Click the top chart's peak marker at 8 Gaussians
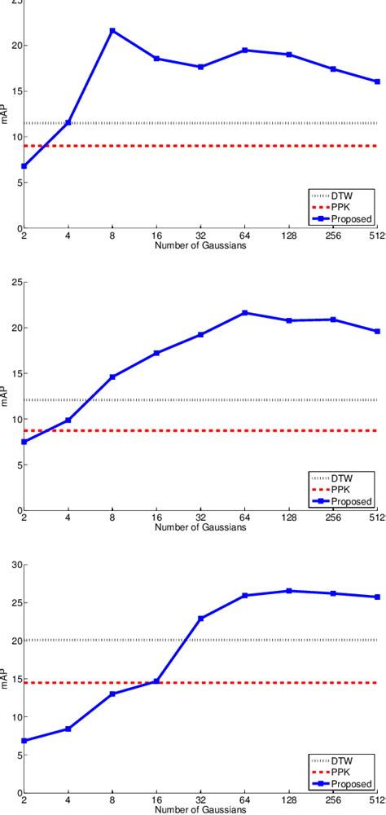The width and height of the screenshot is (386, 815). [112, 31]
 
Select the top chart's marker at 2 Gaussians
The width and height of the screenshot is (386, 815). [24, 166]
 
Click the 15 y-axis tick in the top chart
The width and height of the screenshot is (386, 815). [15, 91]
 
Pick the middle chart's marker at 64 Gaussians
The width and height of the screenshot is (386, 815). [245, 313]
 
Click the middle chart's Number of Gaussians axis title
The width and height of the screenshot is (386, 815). [201, 526]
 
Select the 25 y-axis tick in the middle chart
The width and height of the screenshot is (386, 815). [15, 282]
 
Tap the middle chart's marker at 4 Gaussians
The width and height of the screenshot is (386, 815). [68, 421]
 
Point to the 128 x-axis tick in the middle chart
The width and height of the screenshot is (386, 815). [289, 518]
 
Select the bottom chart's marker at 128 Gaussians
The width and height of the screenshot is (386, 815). [289, 591]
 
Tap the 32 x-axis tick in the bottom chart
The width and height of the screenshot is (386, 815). [201, 800]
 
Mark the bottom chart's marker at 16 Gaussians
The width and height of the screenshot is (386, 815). [156, 681]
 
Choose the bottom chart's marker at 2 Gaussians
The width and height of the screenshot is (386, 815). [24, 741]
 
